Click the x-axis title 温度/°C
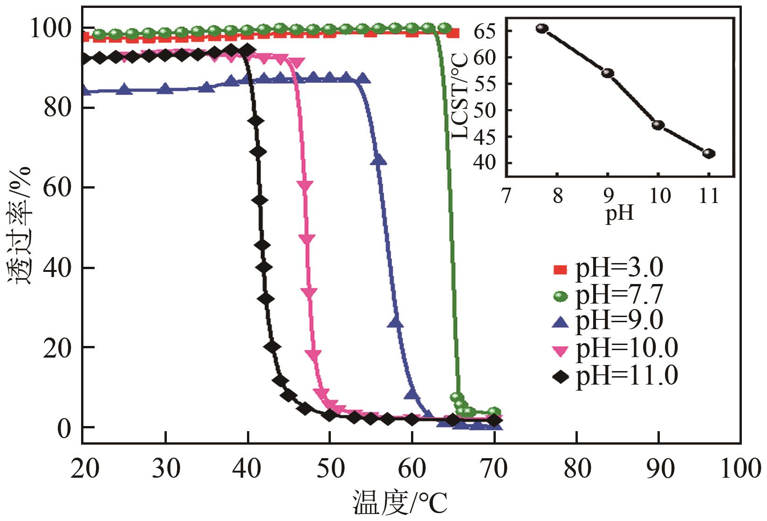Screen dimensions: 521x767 click(400, 503)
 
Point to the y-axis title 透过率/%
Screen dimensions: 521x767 click(20, 226)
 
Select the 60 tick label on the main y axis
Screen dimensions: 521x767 click(57, 188)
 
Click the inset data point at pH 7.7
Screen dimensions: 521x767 click(542, 28)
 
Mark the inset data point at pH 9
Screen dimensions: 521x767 click(608, 73)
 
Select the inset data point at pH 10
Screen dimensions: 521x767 click(658, 125)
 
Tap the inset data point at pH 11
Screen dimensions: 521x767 click(709, 153)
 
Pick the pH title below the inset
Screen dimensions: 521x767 click(619, 214)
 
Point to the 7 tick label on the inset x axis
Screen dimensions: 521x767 click(507, 196)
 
